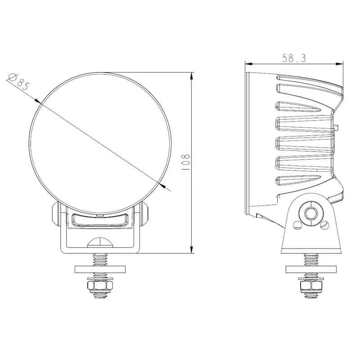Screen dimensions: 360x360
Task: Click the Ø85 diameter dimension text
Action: pos(18,82)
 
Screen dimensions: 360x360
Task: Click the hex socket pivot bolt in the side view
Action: pos(310,214)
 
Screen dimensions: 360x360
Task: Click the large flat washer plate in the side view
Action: pos(310,269)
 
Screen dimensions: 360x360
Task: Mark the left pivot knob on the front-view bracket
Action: pos(56,214)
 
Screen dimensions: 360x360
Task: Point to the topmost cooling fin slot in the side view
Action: pos(306,87)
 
